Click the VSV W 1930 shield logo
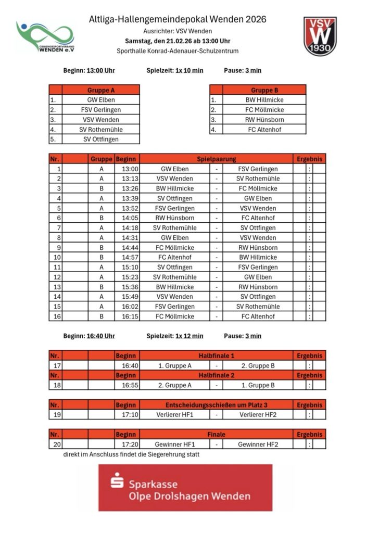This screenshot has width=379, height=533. [320, 36]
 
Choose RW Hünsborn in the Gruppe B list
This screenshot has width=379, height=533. [264, 120]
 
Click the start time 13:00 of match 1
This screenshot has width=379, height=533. [130, 169]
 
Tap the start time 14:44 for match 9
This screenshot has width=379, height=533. [130, 248]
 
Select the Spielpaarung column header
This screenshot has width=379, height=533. [216, 159]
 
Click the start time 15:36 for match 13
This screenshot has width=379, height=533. [130, 287]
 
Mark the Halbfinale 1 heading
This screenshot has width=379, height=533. [216, 356]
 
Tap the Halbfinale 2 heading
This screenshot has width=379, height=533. [216, 375]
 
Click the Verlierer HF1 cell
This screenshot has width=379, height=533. [175, 415]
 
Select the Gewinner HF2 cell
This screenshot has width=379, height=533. [258, 445]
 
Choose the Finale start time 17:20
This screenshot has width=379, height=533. [130, 445]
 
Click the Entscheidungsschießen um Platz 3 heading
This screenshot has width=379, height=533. [216, 405]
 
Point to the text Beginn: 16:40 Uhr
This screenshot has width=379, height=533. [89, 336]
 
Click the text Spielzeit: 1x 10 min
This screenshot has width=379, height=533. [175, 71]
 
